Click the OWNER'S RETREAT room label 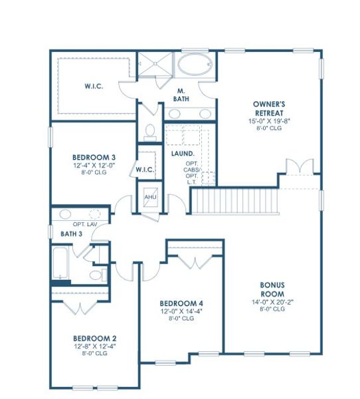pyautogui.click(x=269, y=108)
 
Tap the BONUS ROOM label pyautogui.click(x=272, y=289)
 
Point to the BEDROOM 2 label pyautogui.click(x=90, y=336)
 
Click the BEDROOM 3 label pyautogui.click(x=91, y=157)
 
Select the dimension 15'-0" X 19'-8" pyautogui.click(x=269, y=120)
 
